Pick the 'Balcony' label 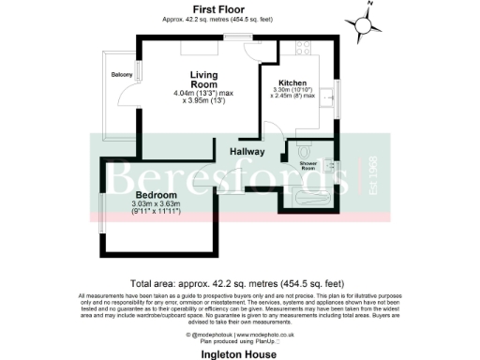pyautogui.click(x=121, y=74)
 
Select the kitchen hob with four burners pyautogui.click(x=304, y=49)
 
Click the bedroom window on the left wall pyautogui.click(x=99, y=213)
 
